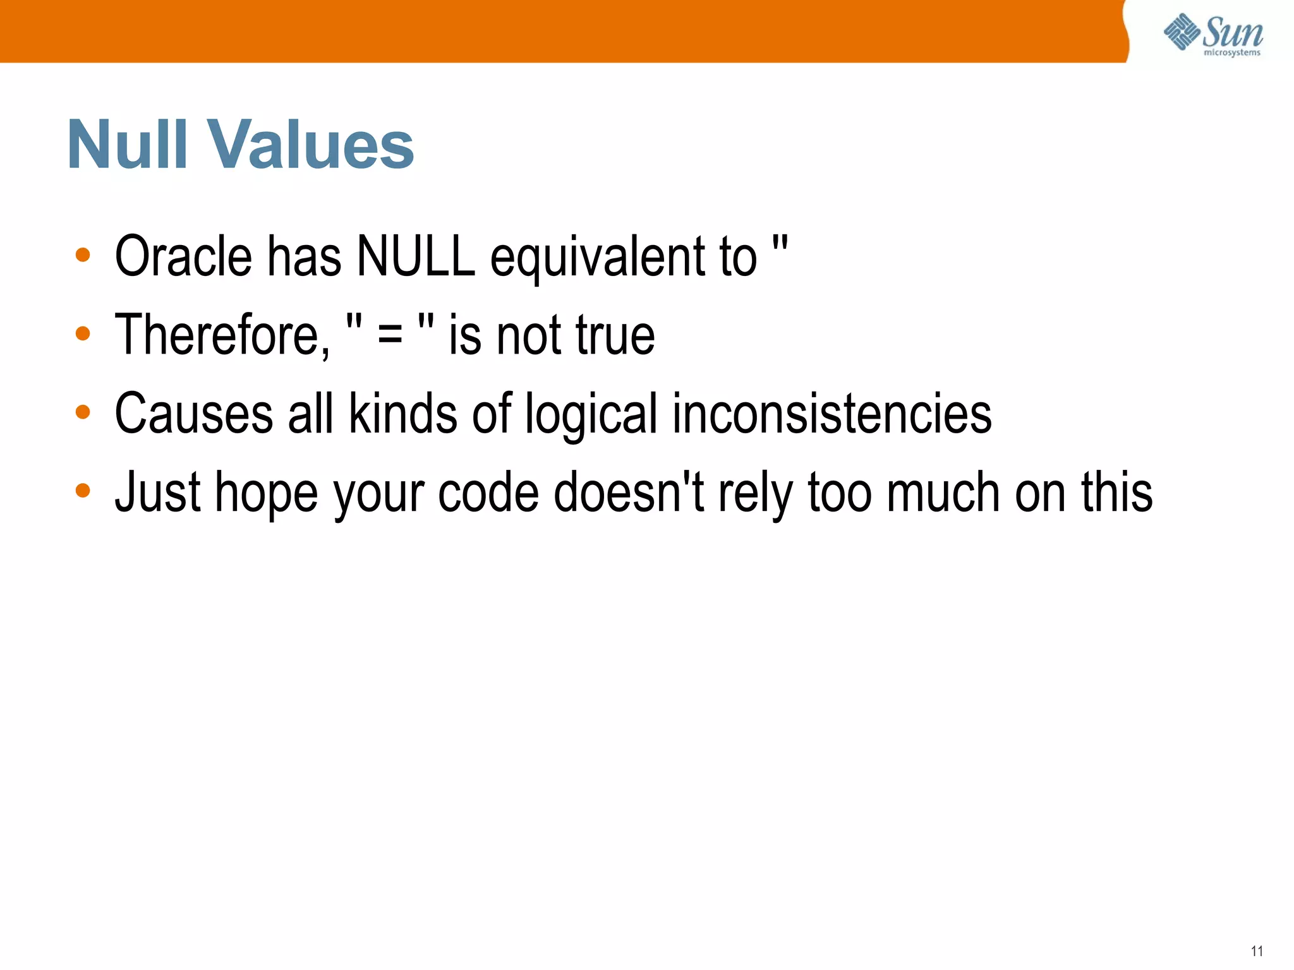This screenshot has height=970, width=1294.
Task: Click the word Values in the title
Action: click(x=310, y=145)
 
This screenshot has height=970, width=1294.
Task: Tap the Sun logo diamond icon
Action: click(x=1182, y=32)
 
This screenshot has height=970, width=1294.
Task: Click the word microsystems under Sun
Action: click(x=1231, y=53)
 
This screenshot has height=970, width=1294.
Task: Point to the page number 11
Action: click(x=1257, y=951)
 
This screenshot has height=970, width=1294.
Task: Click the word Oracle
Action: click(x=183, y=256)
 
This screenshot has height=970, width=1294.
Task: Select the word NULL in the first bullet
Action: click(x=416, y=256)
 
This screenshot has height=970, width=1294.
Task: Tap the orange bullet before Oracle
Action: click(x=83, y=255)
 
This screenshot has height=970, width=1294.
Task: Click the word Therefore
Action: click(x=222, y=335)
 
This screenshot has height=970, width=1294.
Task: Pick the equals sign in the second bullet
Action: click(x=390, y=335)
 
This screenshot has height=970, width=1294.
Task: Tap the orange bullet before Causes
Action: click(x=83, y=412)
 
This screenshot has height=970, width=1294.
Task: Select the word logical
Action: click(x=591, y=414)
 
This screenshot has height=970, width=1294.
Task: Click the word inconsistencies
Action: click(x=831, y=414)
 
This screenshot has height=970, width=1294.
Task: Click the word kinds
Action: click(x=403, y=414)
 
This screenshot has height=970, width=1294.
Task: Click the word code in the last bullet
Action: click(x=488, y=493)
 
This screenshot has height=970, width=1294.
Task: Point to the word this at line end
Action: click(x=1116, y=493)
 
